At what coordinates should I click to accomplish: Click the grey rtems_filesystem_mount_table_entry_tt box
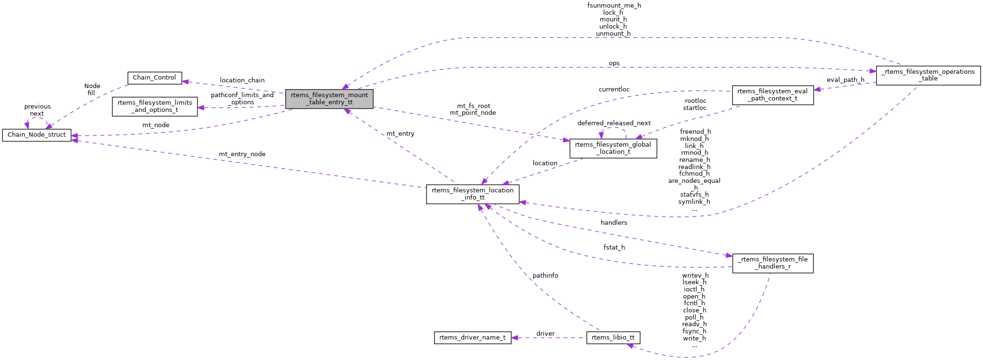(x=329, y=99)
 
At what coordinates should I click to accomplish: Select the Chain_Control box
(x=154, y=78)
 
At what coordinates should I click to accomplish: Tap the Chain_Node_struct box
(x=37, y=135)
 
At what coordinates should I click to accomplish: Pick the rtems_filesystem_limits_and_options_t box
(x=155, y=106)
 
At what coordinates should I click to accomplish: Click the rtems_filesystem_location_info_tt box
(x=472, y=194)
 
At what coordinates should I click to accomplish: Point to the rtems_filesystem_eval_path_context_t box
(x=772, y=95)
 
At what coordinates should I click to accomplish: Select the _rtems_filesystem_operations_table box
(x=928, y=75)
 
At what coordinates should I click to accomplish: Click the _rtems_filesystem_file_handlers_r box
(x=772, y=263)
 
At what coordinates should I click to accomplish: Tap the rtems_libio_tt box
(x=613, y=338)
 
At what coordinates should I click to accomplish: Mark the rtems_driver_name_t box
(x=472, y=338)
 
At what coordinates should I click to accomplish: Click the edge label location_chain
(x=242, y=80)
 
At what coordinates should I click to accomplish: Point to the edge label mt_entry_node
(x=242, y=154)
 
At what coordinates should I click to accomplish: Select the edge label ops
(x=614, y=63)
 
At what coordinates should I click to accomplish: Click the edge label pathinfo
(x=545, y=276)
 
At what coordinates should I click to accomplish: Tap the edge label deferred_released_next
(x=614, y=123)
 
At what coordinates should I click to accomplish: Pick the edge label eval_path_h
(x=845, y=80)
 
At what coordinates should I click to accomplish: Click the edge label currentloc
(x=614, y=90)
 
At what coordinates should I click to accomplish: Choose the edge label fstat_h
(x=614, y=248)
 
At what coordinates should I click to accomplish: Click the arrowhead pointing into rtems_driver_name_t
(x=515, y=338)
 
